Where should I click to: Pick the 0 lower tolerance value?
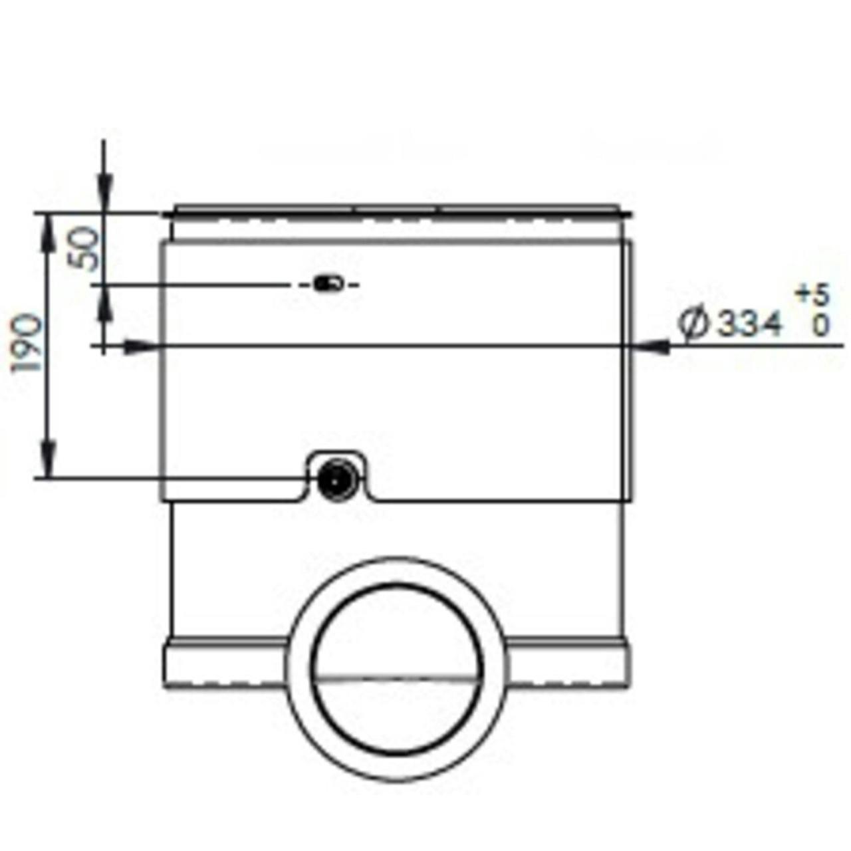[820, 326]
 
